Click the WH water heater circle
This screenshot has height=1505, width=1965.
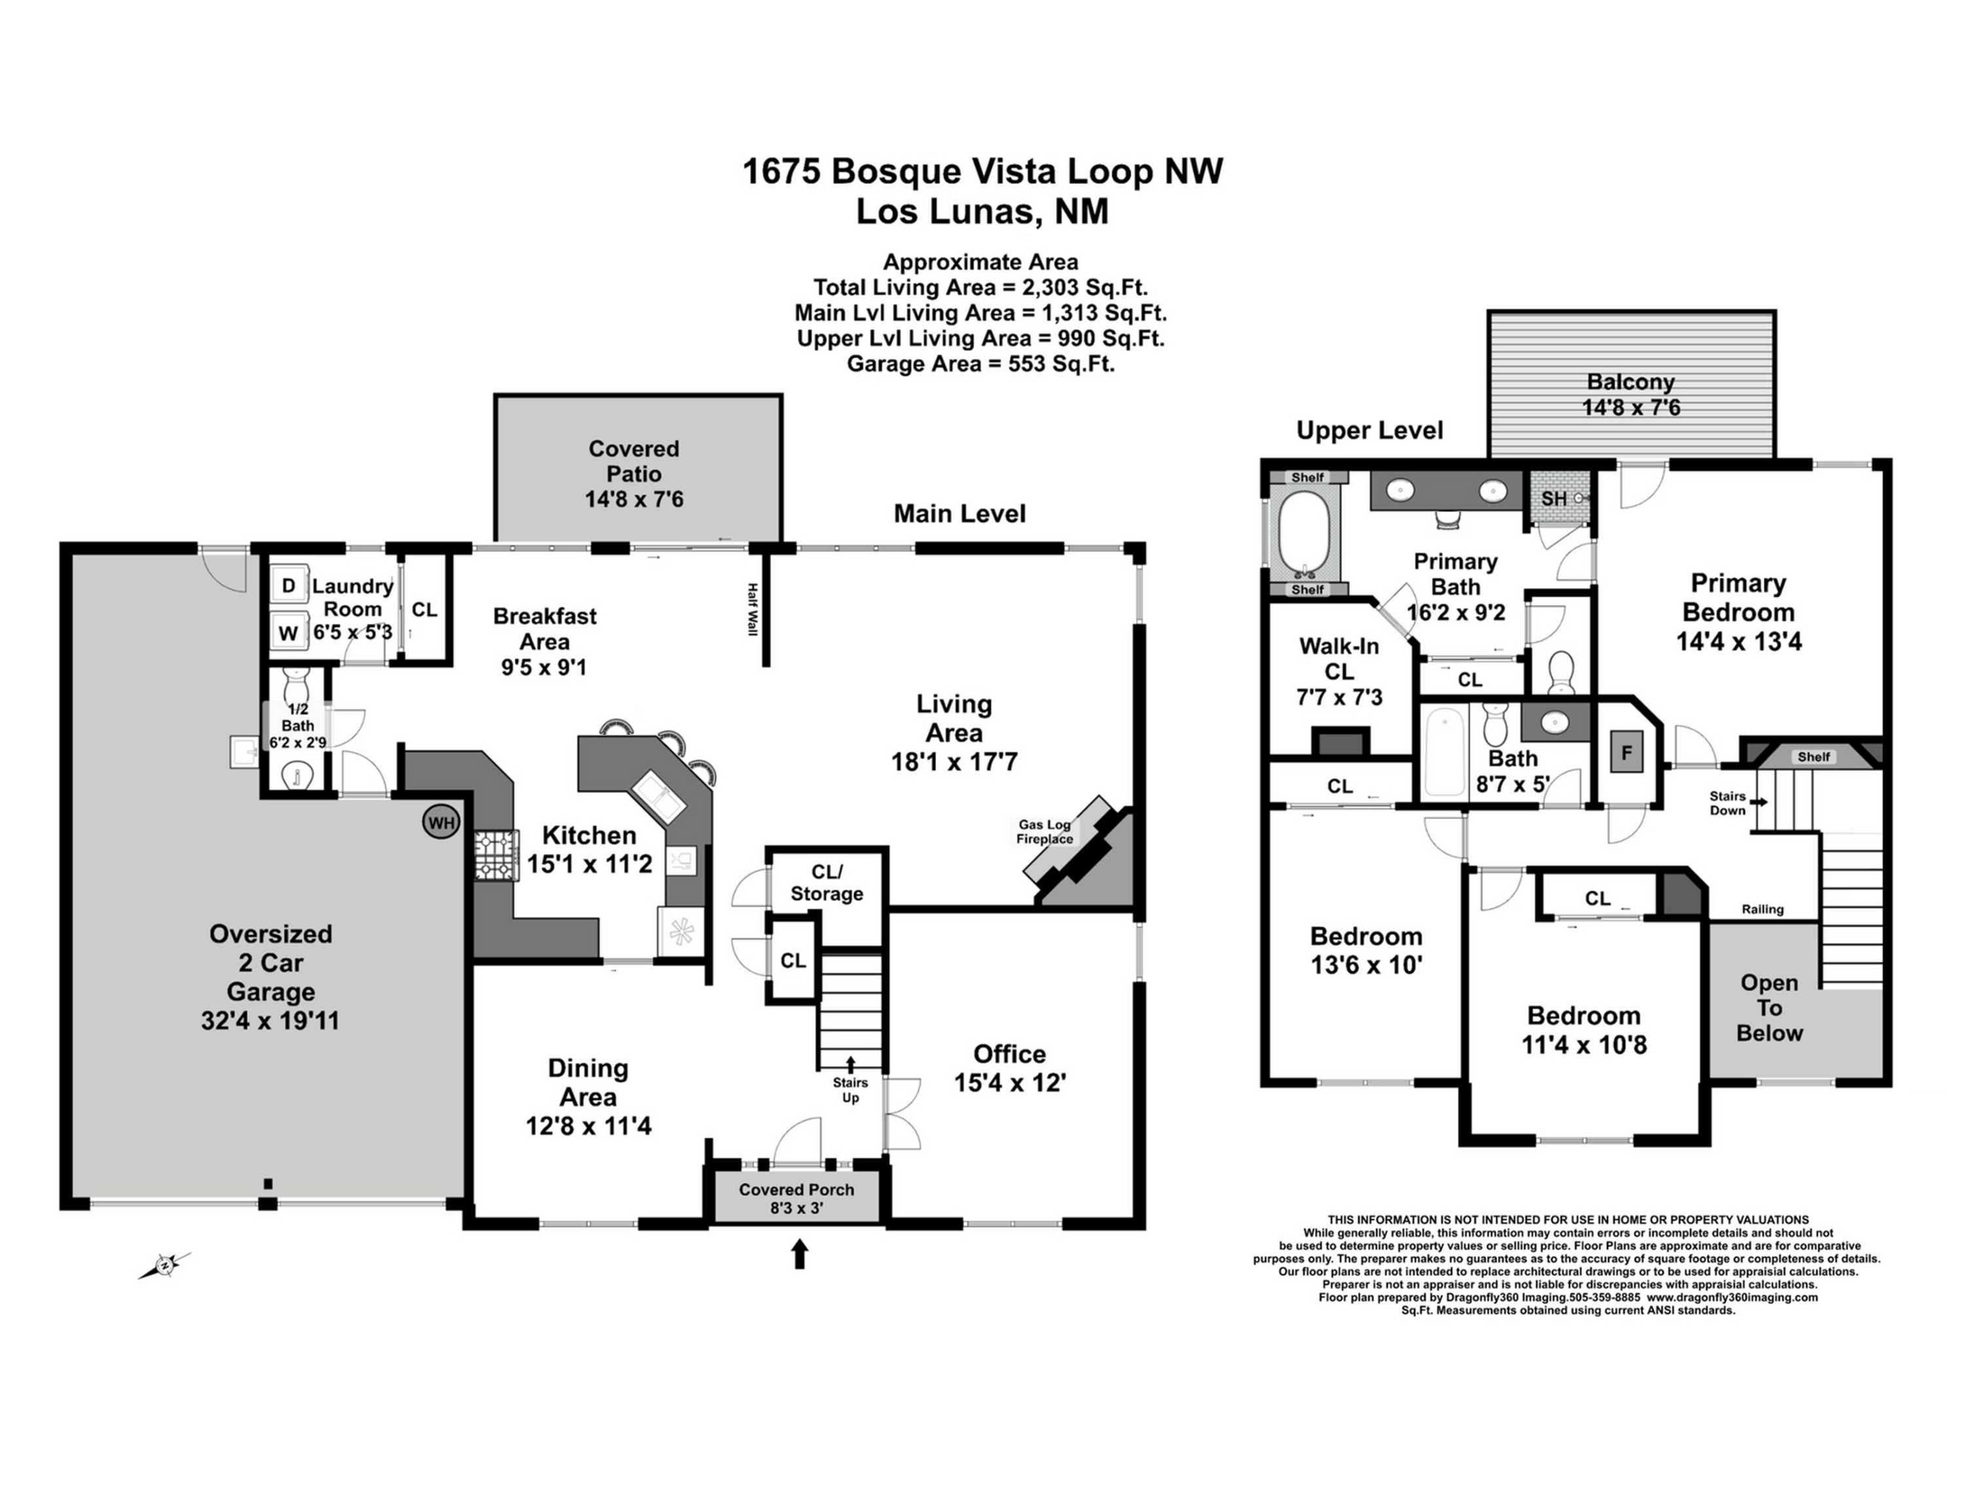click(x=440, y=823)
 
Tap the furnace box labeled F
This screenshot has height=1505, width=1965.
click(x=1626, y=752)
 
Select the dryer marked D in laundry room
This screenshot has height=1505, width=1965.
click(x=288, y=586)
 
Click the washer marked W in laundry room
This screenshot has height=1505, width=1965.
click(x=288, y=633)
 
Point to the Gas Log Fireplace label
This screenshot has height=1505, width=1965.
click(x=1044, y=831)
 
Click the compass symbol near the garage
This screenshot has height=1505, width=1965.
click(x=165, y=1264)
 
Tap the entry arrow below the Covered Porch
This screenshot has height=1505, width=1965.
click(x=799, y=1254)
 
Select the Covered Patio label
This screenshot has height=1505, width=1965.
click(x=633, y=460)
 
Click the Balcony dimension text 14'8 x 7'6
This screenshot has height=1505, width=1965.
click(x=1631, y=407)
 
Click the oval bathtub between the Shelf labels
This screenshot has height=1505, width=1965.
click(x=1305, y=533)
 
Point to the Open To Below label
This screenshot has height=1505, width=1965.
click(x=1768, y=1008)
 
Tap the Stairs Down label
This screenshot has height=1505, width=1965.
click(x=1727, y=803)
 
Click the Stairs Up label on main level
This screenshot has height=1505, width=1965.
click(x=850, y=1090)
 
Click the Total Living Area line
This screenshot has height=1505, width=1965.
click(x=981, y=288)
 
